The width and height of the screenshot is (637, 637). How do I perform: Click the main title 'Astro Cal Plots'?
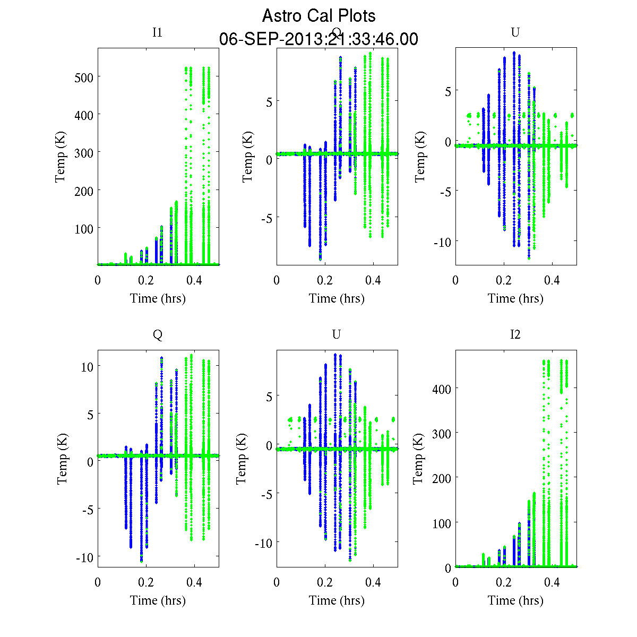[318, 16]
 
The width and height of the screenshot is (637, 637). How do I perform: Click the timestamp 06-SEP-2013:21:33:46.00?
[318, 39]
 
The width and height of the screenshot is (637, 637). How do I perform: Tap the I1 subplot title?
[157, 32]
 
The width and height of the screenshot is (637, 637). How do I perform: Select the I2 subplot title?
[515, 334]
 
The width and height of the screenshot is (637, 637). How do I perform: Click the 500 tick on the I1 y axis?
[83, 78]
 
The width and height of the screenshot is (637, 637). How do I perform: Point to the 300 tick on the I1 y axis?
[83, 153]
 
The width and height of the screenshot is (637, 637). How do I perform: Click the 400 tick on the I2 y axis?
[441, 389]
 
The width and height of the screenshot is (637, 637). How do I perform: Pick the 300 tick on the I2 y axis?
[441, 433]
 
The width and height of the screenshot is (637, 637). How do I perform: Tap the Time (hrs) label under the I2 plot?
[515, 600]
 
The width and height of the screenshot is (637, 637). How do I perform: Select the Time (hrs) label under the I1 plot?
[158, 298]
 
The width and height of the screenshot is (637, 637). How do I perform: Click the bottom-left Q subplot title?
[157, 334]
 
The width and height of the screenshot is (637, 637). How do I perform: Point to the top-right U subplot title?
[515, 32]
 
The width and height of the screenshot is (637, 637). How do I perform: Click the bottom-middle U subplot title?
[336, 334]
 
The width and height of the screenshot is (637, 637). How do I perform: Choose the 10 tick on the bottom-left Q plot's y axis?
[88, 367]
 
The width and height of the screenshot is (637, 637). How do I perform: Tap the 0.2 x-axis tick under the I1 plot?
[146, 280]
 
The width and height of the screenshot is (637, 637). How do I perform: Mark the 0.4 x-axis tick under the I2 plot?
[552, 582]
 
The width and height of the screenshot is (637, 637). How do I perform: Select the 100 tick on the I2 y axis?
[441, 523]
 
